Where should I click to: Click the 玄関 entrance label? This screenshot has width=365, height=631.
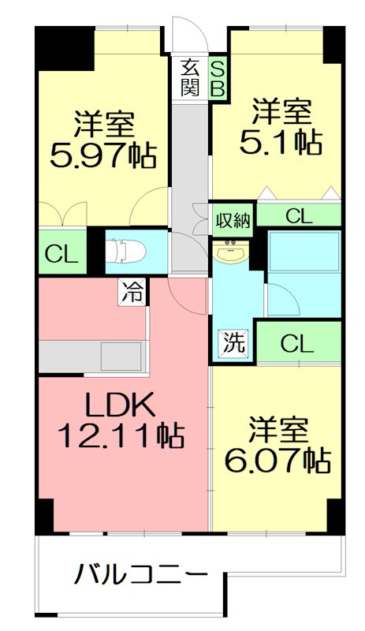[189, 77]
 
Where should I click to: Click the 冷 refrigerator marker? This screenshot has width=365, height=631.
[132, 293]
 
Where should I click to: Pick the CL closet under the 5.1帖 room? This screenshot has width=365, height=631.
[299, 216]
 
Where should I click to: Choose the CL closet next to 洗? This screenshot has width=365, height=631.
[298, 344]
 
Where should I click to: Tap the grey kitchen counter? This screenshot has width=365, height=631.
[91, 355]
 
